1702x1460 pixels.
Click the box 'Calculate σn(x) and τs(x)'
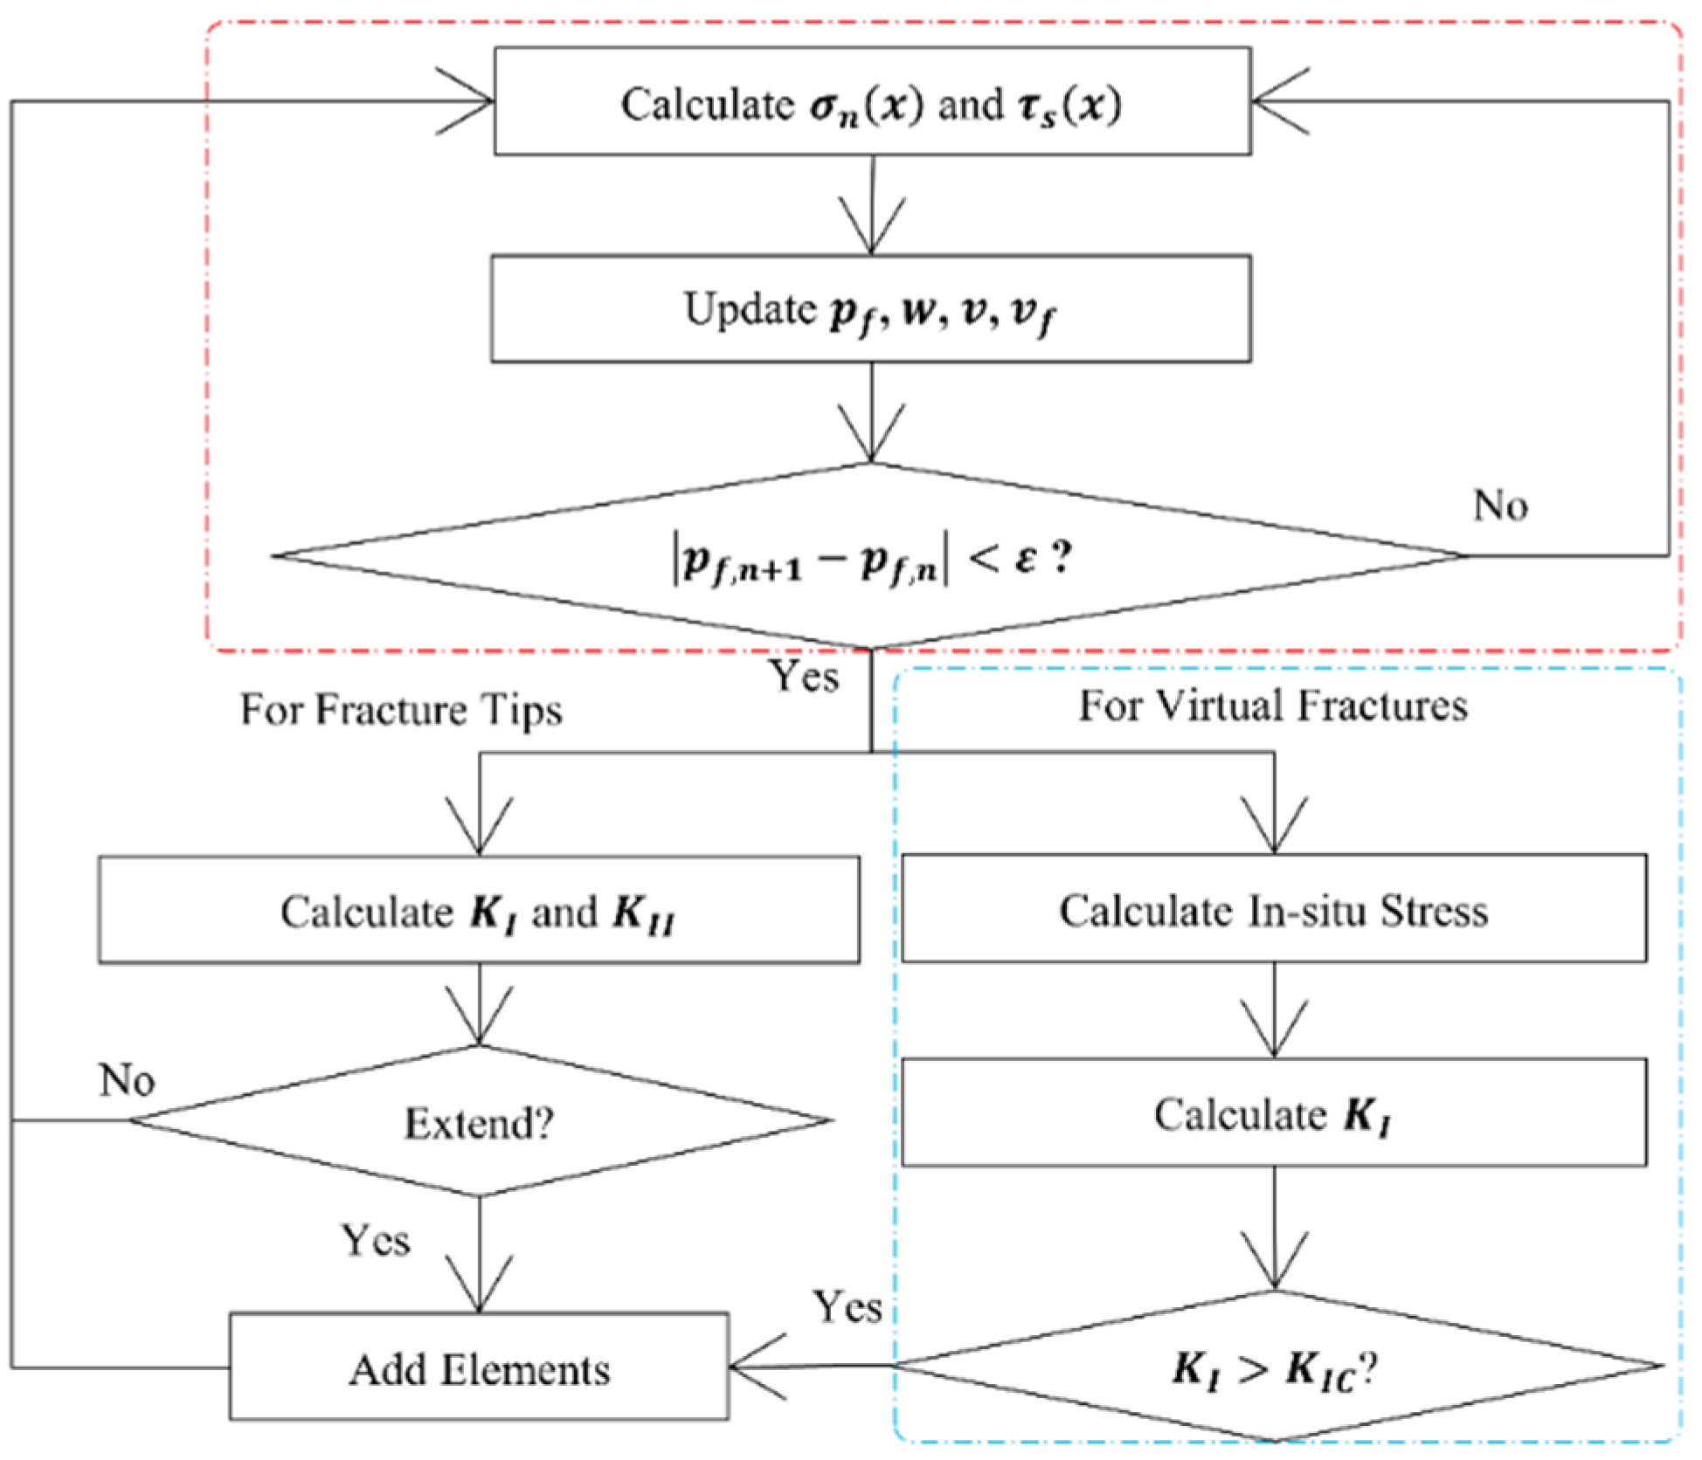(872, 102)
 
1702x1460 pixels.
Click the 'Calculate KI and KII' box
(479, 910)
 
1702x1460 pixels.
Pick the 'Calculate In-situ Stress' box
(1273, 909)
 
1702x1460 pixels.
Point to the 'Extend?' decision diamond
(479, 1121)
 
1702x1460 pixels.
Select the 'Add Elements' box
(479, 1367)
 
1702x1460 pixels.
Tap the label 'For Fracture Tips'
(401, 708)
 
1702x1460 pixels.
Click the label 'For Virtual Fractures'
(1273, 705)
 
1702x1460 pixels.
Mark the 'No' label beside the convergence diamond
(1500, 505)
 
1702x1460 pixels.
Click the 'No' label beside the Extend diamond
(128, 1080)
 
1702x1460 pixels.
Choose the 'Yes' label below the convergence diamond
(804, 676)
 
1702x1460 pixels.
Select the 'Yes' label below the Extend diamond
(376, 1240)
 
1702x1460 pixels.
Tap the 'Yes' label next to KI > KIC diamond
(848, 1307)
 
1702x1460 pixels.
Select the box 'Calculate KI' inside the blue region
(1273, 1113)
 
